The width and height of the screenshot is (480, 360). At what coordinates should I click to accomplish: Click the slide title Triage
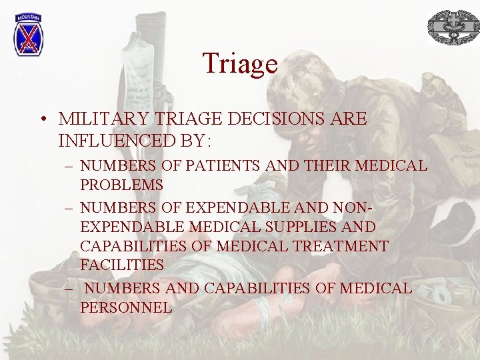[x=240, y=63]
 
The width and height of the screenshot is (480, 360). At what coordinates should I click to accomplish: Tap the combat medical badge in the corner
[x=453, y=28]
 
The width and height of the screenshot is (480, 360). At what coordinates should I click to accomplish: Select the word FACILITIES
[x=122, y=265]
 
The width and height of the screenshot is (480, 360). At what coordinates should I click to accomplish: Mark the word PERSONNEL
[x=126, y=307]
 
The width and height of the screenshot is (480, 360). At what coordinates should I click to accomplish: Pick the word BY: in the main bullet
[x=189, y=141]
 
